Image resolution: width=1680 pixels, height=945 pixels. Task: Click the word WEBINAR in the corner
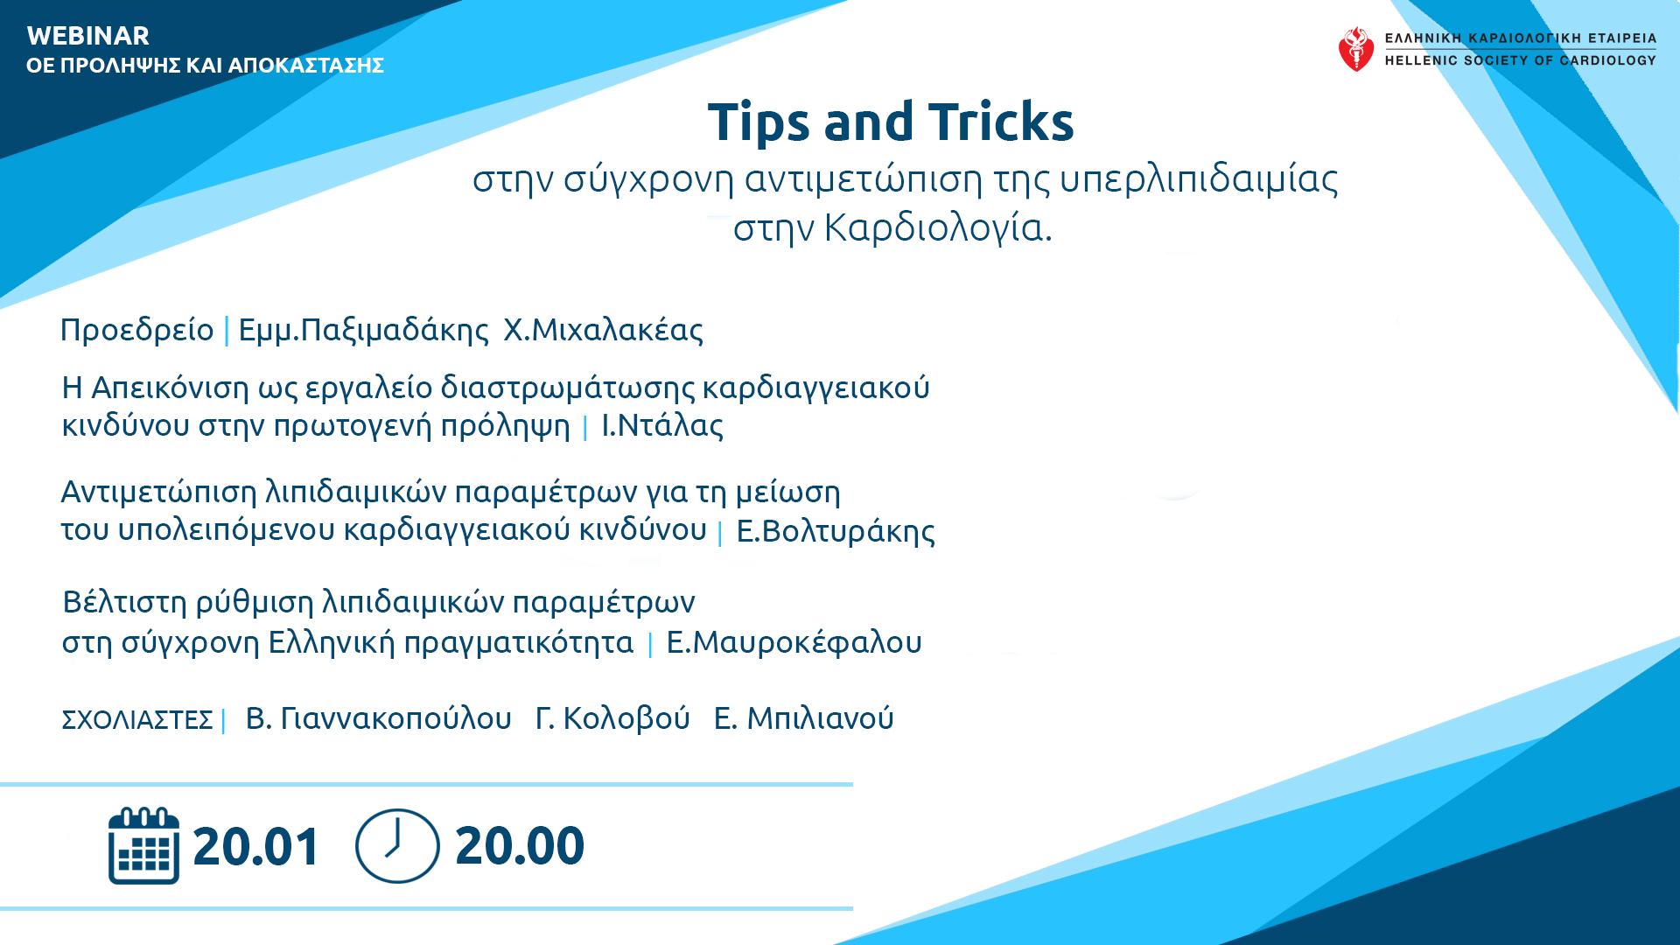[x=88, y=36]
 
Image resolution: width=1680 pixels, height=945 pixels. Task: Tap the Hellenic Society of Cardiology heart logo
[x=1355, y=49]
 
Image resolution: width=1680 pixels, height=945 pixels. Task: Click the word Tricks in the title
[x=1001, y=122]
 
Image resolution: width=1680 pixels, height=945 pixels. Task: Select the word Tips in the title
[x=759, y=123]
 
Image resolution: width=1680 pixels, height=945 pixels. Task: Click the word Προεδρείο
[x=137, y=330]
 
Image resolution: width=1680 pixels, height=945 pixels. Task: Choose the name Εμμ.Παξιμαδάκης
[x=364, y=331]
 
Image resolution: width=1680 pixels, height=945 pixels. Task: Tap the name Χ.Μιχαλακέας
[x=604, y=330]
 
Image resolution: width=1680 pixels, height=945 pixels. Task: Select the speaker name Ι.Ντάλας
[x=662, y=426]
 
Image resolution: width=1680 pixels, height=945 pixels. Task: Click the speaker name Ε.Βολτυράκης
[x=836, y=532]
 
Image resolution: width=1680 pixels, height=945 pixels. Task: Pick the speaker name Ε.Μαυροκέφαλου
[x=794, y=643]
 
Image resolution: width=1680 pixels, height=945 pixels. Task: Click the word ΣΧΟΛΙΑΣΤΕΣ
[x=137, y=720]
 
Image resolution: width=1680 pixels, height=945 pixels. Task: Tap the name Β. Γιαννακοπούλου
[x=379, y=718]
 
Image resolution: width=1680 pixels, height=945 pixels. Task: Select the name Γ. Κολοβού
[x=612, y=718]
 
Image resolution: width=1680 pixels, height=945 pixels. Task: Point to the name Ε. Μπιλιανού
[x=804, y=718]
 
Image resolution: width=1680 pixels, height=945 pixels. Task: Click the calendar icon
[x=143, y=845]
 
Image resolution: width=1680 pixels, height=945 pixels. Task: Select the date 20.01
[x=256, y=847]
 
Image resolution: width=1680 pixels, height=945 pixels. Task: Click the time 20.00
[x=520, y=846]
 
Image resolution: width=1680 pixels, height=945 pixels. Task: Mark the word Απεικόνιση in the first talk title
[x=170, y=388]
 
